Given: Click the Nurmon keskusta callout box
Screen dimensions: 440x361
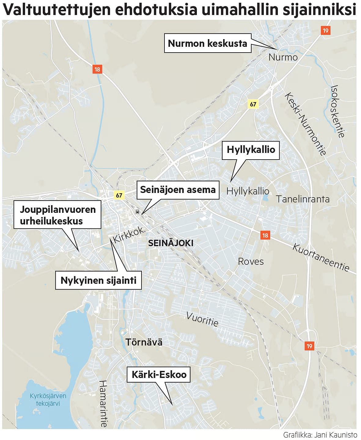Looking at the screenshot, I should coord(208,43).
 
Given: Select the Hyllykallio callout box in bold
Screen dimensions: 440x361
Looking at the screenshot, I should coord(251,150).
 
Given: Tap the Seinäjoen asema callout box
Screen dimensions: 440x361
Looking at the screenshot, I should coord(178,190).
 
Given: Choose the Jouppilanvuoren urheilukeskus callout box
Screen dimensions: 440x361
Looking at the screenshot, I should coord(57,215).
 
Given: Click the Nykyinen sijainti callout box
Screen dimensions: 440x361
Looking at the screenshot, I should coord(98,280).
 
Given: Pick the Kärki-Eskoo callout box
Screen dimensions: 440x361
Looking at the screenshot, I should coord(159,375).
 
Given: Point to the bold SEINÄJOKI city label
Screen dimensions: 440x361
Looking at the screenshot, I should coord(171,243).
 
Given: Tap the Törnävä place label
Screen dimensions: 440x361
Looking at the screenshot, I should coord(144,342).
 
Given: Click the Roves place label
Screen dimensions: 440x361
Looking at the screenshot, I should coord(251,261).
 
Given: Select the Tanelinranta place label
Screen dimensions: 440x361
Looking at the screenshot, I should coord(303,199).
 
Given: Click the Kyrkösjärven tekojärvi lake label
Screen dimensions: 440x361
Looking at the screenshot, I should coord(48,400).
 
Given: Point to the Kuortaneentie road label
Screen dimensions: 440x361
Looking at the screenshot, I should coord(321,257).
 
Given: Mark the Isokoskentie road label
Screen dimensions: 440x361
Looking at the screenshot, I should coord(337,111).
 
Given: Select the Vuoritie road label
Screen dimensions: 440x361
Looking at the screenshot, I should coord(202,320).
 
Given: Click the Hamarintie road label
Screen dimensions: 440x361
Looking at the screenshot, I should coord(103,404).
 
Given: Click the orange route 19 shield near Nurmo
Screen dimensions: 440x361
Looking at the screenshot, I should coord(326,30).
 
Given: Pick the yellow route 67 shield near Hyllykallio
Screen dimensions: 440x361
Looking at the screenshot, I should coord(253,104).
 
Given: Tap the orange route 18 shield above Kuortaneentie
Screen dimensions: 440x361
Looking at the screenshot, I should coord(265,235).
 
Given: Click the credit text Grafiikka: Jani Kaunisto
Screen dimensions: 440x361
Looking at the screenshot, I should coord(320,435).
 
